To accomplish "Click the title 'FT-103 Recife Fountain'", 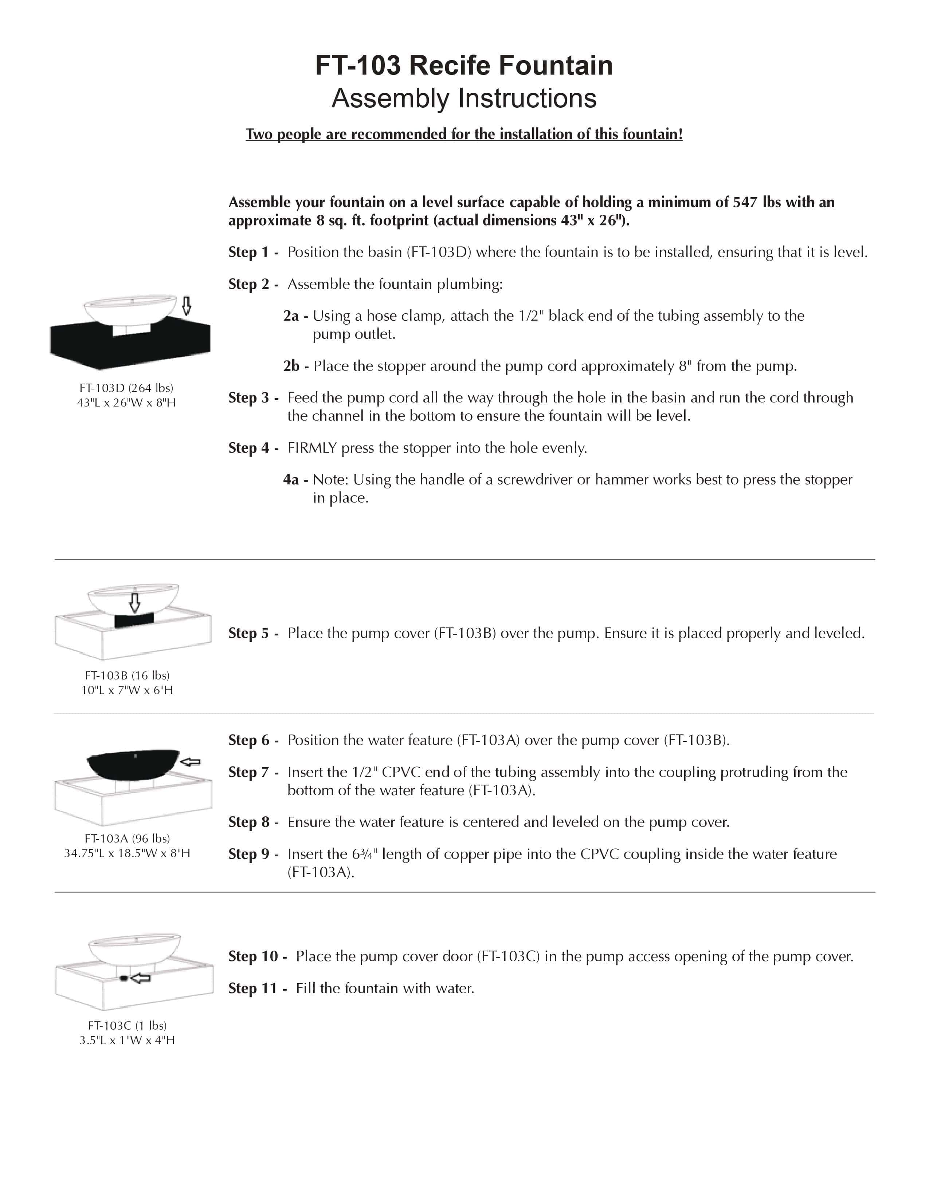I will coord(463,66).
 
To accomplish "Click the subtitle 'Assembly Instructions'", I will coord(463,98).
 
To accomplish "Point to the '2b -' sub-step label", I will coord(295,366).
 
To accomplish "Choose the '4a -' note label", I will coord(295,480).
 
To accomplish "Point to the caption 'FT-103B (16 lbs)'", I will coord(127,675).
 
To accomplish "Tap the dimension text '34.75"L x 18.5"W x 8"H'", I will coord(127,853).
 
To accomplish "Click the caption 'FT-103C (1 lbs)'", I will coord(127,1025).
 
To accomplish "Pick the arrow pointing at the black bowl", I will coord(191,762).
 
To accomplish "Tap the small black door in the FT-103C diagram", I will coord(124,978).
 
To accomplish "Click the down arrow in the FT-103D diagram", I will coord(187,306).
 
